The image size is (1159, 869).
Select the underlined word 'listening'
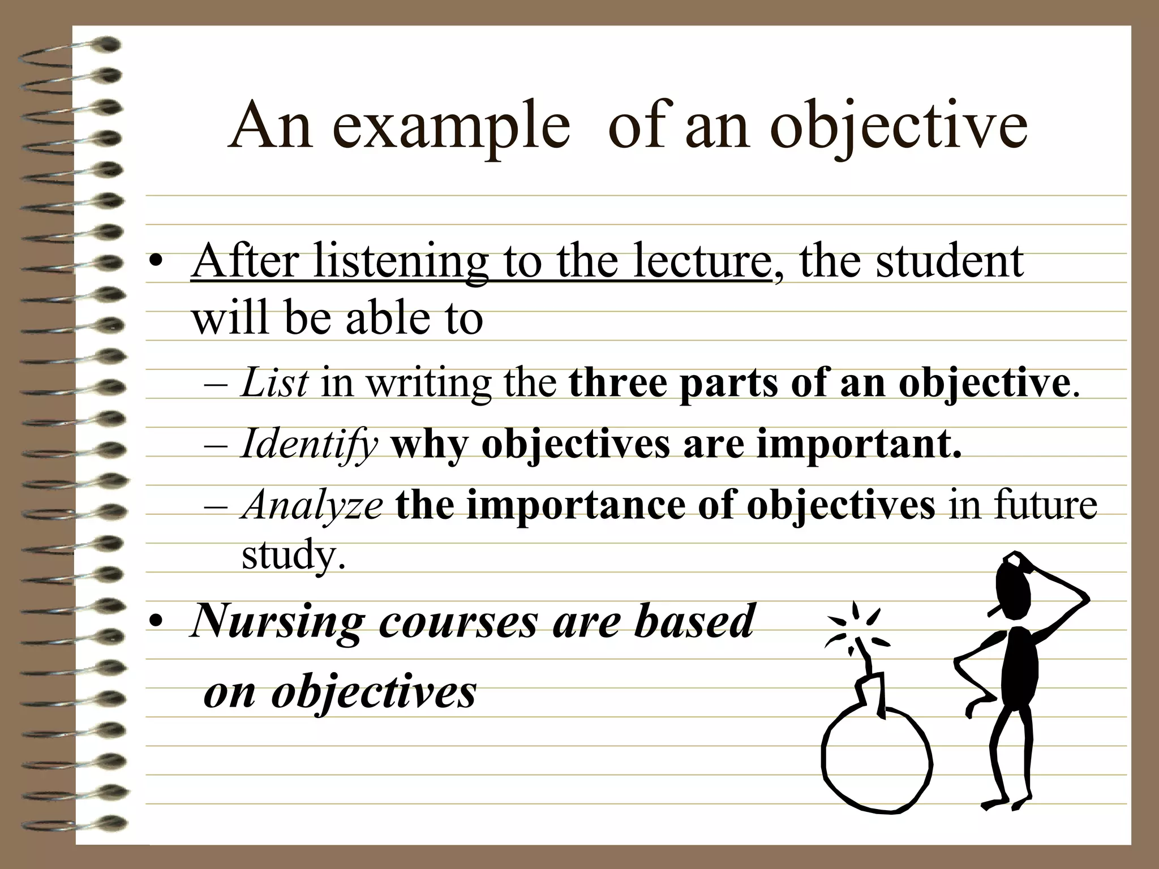[x=400, y=261]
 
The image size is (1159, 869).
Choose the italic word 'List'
[x=274, y=383]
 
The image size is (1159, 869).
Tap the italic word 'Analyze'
[x=312, y=505]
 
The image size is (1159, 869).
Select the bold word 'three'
[x=617, y=383]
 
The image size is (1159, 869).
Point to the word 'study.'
[x=293, y=556]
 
